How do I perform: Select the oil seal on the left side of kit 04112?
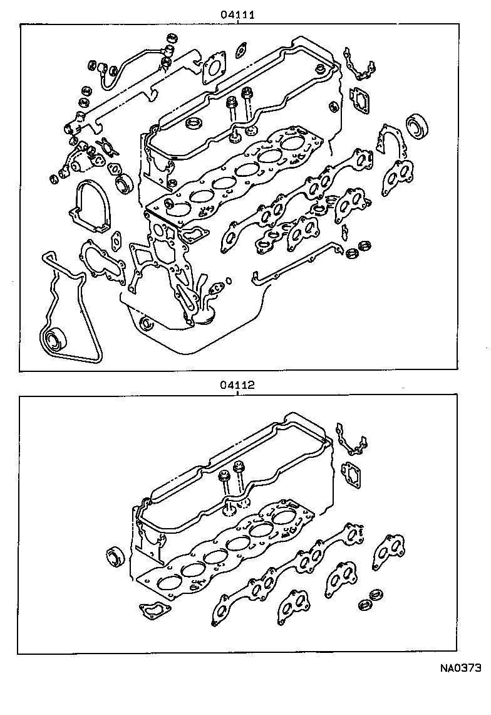[x=116, y=557]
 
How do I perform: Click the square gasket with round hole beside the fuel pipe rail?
[x=214, y=67]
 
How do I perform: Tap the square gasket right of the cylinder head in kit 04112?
[x=354, y=474]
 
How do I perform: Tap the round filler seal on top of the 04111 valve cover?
[x=195, y=122]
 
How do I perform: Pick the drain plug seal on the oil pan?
[x=147, y=324]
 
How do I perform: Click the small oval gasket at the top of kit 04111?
[x=241, y=48]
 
